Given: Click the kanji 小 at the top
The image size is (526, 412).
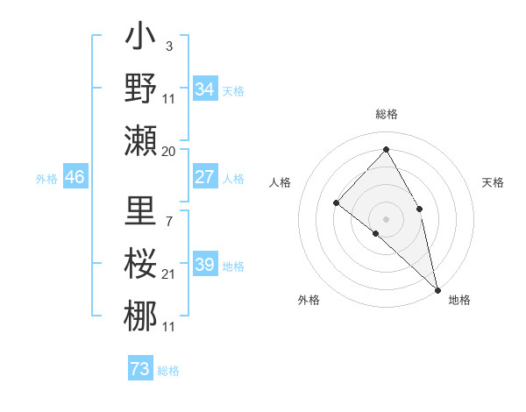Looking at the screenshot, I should (x=140, y=39).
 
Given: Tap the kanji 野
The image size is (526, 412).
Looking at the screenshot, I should (x=140, y=89).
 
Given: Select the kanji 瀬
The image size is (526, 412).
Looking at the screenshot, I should (x=140, y=140).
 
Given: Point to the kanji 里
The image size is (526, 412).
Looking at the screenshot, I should (x=140, y=213).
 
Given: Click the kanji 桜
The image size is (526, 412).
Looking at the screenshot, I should (x=140, y=264).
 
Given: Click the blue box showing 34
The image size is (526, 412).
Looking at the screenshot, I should (x=205, y=89).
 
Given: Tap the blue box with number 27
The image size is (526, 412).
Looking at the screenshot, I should (x=205, y=177).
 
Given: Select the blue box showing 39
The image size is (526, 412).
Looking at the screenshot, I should (x=205, y=266).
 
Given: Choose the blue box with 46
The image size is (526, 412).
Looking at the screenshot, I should (x=75, y=178).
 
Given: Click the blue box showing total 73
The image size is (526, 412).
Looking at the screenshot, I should (x=140, y=369).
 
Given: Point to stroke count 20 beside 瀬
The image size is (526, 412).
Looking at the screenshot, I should (x=169, y=152).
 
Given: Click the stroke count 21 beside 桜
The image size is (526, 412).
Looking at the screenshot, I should (x=169, y=274).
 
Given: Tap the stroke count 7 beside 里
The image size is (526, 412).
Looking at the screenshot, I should (x=169, y=210).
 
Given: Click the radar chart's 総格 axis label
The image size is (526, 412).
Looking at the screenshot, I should (x=387, y=114).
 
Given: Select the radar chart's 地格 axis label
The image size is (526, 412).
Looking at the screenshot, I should (x=459, y=300).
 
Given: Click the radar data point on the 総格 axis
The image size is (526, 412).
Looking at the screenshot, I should (x=386, y=148).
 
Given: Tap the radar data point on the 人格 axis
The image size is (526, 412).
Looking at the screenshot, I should (x=337, y=202).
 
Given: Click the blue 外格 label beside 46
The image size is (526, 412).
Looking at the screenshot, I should (x=46, y=179).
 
